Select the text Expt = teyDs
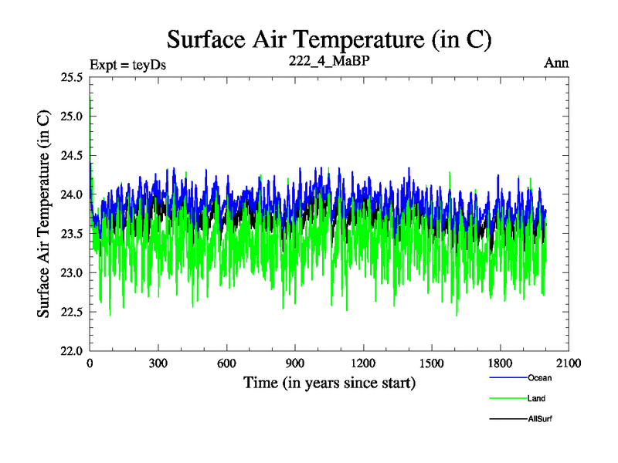point(128,64)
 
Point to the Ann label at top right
point(556,63)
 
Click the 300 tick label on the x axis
point(158,363)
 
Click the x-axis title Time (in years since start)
point(329,382)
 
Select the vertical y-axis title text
point(46,214)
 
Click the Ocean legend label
point(540,378)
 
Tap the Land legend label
point(537,398)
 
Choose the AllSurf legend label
point(541,418)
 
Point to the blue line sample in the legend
point(508,378)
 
